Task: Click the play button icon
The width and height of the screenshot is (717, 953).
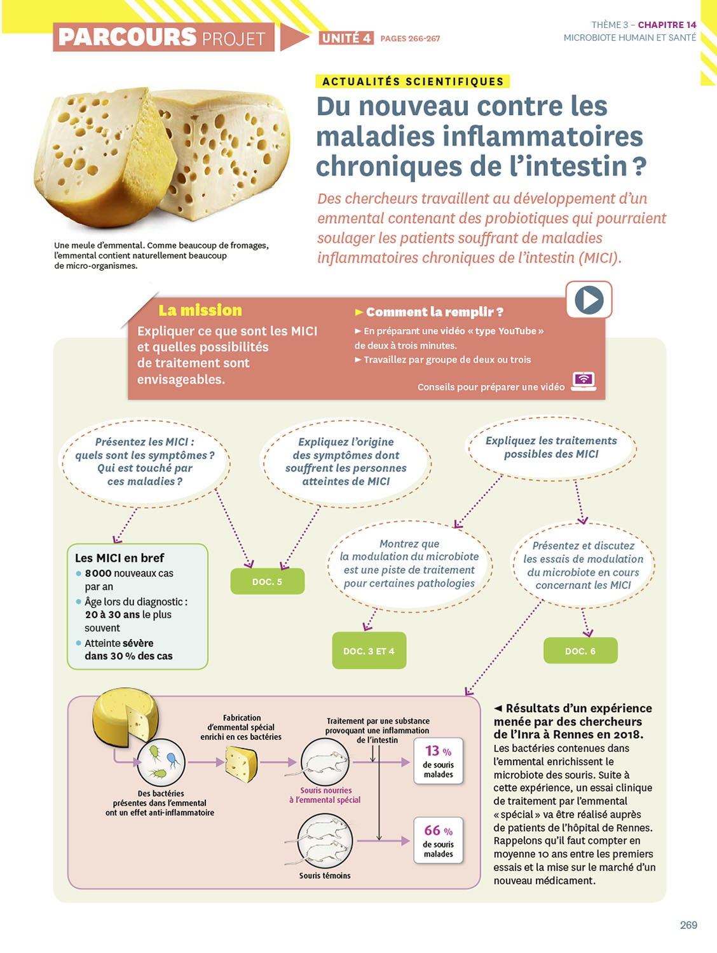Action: click(589, 300)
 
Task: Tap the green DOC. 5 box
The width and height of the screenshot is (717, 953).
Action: click(267, 581)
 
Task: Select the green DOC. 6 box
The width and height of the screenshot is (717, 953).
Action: click(580, 651)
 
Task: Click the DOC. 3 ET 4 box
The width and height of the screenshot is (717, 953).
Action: click(369, 651)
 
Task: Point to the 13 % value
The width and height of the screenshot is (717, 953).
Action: click(438, 751)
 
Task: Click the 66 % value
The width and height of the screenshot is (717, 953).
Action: click(438, 830)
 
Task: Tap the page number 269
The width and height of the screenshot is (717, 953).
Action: click(688, 925)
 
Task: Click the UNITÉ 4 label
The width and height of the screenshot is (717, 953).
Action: click(346, 38)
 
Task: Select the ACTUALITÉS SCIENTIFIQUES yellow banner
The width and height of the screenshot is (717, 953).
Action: click(413, 81)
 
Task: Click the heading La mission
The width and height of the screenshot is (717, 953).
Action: click(200, 310)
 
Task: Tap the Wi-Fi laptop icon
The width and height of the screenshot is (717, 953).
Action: click(584, 381)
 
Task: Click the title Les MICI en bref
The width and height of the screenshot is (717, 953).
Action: click(119, 558)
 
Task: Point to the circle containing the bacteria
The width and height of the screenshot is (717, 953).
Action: click(161, 762)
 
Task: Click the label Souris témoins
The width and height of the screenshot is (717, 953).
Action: click(325, 875)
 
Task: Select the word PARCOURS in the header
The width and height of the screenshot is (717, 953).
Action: click(127, 37)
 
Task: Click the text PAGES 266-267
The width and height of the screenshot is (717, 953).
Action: click(410, 39)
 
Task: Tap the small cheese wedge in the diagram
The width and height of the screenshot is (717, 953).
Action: click(242, 763)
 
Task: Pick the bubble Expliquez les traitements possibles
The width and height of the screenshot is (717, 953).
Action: click(551, 448)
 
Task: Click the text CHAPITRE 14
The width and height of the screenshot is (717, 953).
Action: click(667, 25)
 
